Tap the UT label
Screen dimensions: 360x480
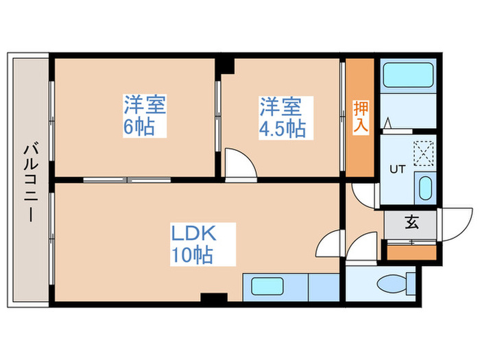tap(397, 168)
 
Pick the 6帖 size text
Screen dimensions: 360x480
tap(140, 128)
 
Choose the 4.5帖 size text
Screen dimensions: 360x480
tap(281, 128)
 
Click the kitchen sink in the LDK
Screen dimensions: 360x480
tap(267, 286)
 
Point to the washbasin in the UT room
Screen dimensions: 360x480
tap(424, 186)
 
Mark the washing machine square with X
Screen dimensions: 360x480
tap(425, 152)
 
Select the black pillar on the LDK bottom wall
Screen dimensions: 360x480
tap(214, 298)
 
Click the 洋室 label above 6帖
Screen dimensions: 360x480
tap(144, 106)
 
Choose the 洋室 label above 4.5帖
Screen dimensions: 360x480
tap(280, 106)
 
